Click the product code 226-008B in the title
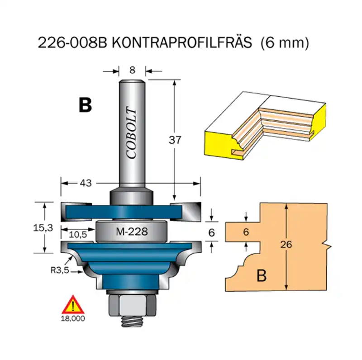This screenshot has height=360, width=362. click(x=72, y=43)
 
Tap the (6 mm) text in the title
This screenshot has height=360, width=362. click(x=285, y=43)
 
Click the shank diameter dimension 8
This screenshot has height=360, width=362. click(x=132, y=70)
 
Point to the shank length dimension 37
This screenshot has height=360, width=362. click(x=175, y=140)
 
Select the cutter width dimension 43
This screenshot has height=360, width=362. click(x=85, y=183)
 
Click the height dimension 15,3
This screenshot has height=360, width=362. click(x=45, y=228)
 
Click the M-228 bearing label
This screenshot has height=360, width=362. click(x=131, y=232)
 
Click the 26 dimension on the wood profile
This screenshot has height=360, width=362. click(x=286, y=245)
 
